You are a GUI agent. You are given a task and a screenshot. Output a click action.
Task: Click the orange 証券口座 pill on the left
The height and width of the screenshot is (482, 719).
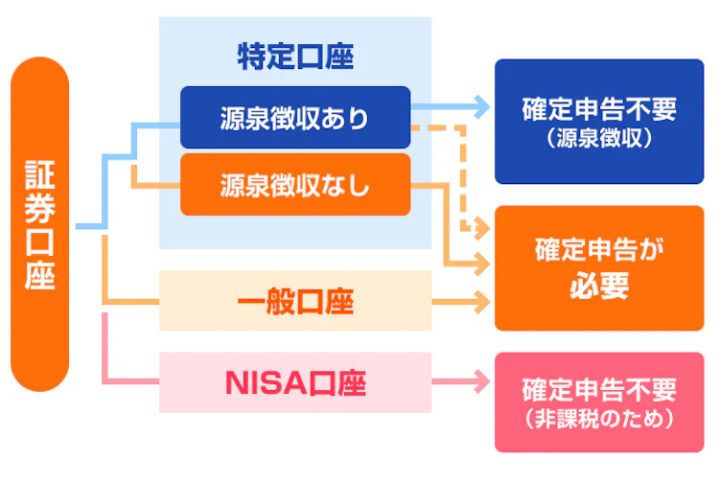(x=40, y=224)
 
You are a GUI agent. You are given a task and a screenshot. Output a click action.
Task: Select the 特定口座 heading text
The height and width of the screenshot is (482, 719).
(x=295, y=57)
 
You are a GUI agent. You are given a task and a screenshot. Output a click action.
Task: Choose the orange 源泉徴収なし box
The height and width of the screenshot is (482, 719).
(x=295, y=185)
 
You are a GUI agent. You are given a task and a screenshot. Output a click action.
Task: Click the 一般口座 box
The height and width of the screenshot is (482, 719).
(x=295, y=305)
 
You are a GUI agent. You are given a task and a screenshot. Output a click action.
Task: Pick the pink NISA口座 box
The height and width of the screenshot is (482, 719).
(x=295, y=383)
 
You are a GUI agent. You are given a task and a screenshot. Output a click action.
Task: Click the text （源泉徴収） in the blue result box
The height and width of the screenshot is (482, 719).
(x=599, y=138)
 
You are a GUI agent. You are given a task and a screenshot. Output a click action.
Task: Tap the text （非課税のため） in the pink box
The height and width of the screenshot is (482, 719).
(x=599, y=419)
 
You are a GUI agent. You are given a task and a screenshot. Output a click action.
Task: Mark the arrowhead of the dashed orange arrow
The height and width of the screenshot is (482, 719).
(x=472, y=228)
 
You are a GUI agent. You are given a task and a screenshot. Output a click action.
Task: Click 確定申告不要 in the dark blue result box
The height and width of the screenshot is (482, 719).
(x=599, y=108)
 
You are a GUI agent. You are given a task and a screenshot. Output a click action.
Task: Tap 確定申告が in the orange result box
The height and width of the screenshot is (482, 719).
(x=599, y=253)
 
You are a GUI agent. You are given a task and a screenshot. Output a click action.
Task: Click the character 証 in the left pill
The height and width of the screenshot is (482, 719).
(x=40, y=175)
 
